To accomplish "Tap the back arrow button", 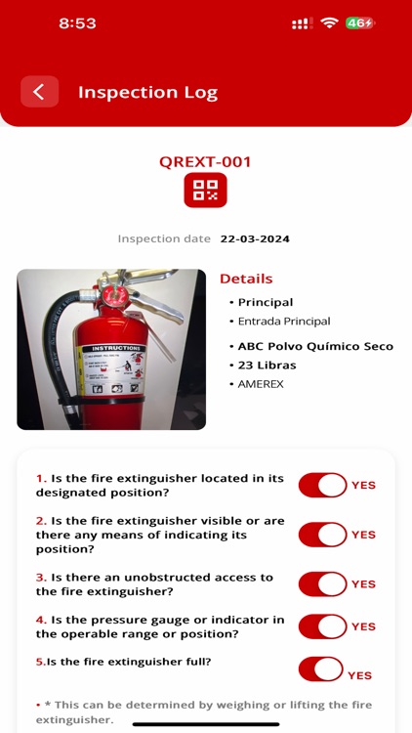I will [39, 92].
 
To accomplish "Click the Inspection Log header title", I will [147, 93].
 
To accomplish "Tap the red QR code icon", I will [205, 190].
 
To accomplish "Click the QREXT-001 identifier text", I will [205, 162].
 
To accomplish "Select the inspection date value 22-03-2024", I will [255, 238].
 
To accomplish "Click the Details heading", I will [246, 279].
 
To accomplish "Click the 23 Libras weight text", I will [267, 366].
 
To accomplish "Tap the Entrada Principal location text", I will [284, 321].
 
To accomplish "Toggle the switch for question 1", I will [323, 485].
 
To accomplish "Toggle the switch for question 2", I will [323, 535].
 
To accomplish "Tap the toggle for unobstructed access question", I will [323, 583].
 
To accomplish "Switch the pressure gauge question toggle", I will [323, 626].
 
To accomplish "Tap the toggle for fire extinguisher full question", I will [321, 669].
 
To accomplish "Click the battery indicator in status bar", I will [360, 22].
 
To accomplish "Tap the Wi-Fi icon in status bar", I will [329, 22].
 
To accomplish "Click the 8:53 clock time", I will [78, 22].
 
